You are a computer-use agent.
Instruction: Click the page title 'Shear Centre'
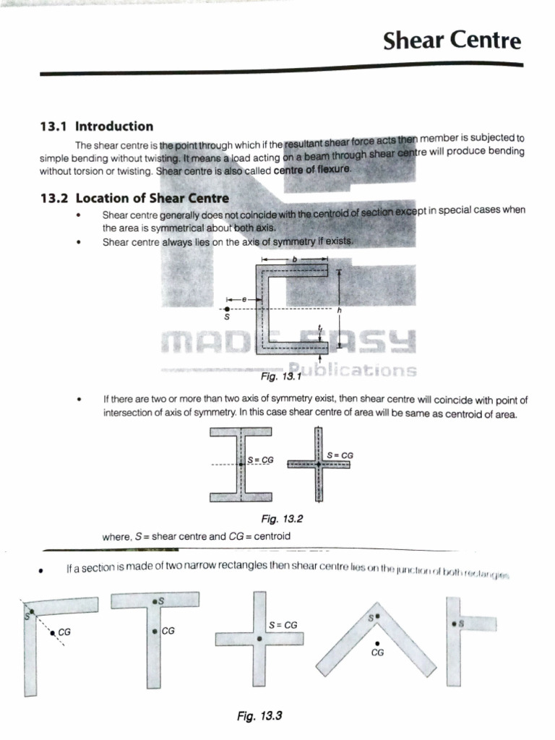click(452, 40)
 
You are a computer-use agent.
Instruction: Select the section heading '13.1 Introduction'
click(96, 126)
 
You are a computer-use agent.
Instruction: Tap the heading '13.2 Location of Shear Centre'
click(134, 198)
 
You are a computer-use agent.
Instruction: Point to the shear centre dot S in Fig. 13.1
click(228, 309)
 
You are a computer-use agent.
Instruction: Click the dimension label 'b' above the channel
click(295, 259)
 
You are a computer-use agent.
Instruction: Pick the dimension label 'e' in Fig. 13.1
click(244, 298)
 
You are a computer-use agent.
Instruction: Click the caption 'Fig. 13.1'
click(279, 377)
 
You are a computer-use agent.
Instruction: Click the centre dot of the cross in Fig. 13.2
click(317, 463)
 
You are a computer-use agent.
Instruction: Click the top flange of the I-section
click(241, 433)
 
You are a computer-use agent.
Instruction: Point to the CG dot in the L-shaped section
click(53, 632)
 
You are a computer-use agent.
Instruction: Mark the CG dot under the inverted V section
click(376, 642)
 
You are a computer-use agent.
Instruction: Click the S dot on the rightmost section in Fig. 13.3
click(453, 622)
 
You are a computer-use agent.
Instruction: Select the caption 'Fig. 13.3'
click(258, 716)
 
